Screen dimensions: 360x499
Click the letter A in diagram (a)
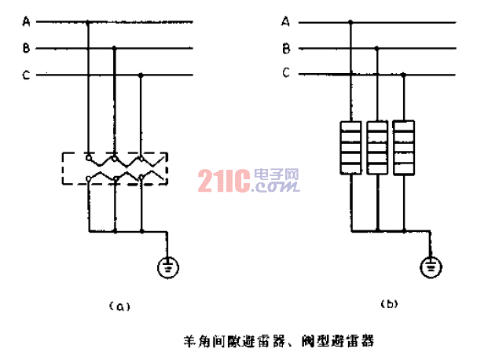point(28,21)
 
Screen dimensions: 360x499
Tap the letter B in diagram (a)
point(28,49)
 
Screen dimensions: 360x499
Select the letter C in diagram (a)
point(28,75)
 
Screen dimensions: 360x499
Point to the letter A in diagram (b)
point(286,21)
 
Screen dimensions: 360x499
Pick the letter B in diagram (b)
point(286,48)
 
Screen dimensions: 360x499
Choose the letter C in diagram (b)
point(286,74)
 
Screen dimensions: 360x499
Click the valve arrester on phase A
point(350,147)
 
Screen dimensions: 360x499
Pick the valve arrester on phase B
point(378,147)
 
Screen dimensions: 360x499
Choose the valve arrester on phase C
point(404,147)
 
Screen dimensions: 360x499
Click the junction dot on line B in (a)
point(116,49)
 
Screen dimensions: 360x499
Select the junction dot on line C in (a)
point(141,75)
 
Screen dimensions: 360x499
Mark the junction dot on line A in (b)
point(350,22)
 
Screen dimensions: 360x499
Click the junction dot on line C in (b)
point(404,75)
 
